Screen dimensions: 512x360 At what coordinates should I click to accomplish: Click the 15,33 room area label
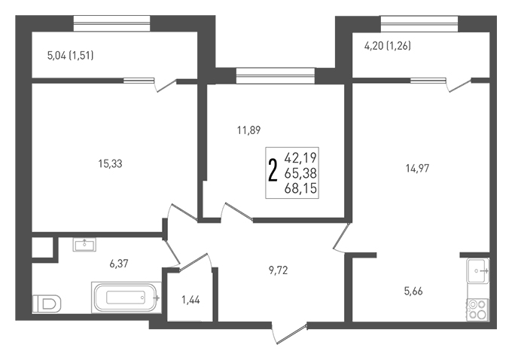point(110,163)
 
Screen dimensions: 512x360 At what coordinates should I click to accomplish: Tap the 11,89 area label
point(248,130)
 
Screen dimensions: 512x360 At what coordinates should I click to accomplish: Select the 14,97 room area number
point(417,169)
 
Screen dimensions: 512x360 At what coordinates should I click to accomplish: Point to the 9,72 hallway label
point(278,270)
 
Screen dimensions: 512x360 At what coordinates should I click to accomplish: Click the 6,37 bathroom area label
point(119,264)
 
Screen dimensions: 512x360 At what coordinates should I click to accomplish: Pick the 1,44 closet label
point(190,300)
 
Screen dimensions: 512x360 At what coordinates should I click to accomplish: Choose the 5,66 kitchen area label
point(413,291)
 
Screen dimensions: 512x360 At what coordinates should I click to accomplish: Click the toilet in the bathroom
point(47,304)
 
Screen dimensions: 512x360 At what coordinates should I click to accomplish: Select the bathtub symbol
point(126,297)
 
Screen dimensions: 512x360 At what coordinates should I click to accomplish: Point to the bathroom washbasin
point(84,244)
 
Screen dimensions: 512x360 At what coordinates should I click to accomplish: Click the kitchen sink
point(478,270)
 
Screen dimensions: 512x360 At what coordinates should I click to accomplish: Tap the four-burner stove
point(478,310)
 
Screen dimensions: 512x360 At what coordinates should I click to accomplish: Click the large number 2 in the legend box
point(273,171)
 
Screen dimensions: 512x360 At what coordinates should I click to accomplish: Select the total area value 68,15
point(300,188)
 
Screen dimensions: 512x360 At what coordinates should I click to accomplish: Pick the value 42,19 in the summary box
point(300,158)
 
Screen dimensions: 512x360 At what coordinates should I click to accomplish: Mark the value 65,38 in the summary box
point(300,173)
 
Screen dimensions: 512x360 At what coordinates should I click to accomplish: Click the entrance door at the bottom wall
point(291,334)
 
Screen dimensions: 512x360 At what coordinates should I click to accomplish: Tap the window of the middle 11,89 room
point(276,76)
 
